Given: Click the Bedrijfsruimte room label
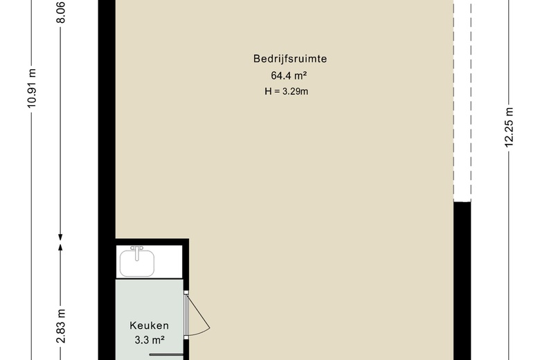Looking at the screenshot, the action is click(290, 59).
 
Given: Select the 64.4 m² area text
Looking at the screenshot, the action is click(289, 75).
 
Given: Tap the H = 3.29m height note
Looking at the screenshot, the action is click(286, 91).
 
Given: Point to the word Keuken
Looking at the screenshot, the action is click(149, 325).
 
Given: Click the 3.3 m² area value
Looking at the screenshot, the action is click(149, 341).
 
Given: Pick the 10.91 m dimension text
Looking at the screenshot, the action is click(32, 88).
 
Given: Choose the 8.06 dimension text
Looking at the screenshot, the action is click(60, 12).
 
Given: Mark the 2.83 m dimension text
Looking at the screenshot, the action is click(61, 326).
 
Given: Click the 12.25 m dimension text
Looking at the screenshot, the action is click(509, 127).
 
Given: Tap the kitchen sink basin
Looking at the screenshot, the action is click(136, 264).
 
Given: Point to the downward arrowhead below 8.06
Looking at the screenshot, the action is click(60, 237).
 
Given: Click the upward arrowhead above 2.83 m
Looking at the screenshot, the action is click(60, 247).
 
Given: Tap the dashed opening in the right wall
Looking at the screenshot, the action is click(462, 100).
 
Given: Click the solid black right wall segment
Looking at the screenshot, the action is click(462, 281).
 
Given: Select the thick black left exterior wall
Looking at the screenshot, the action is click(107, 180).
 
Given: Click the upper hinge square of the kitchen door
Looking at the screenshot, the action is click(186, 292).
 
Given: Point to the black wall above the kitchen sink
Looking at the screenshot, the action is click(152, 242).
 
